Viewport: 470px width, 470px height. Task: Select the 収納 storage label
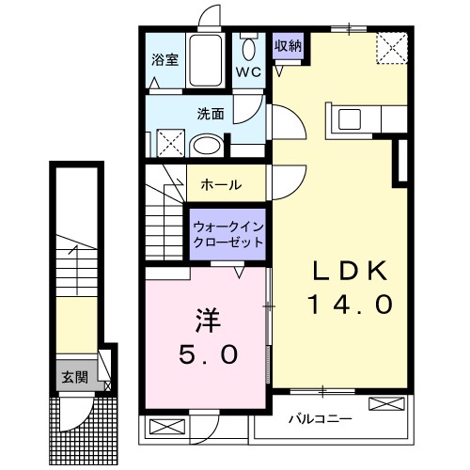click(x=288, y=46)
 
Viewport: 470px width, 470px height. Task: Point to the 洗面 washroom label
click(x=210, y=115)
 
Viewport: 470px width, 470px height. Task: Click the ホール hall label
click(x=222, y=183)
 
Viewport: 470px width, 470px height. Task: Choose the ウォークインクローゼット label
click(x=227, y=233)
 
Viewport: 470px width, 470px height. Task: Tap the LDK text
click(x=350, y=271)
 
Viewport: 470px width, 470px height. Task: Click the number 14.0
click(x=350, y=305)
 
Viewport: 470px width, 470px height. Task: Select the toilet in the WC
click(x=248, y=49)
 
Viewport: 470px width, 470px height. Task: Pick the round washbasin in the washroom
click(x=204, y=146)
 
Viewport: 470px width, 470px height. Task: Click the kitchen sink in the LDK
click(x=349, y=119)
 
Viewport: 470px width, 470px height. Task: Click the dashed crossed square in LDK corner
click(x=392, y=46)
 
